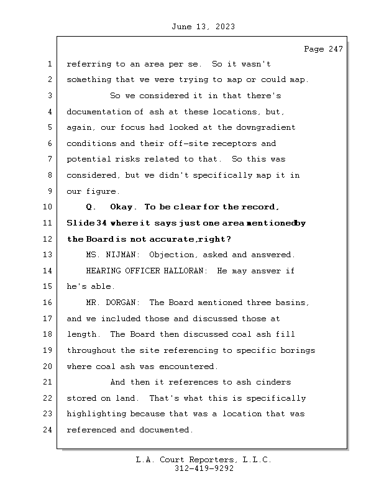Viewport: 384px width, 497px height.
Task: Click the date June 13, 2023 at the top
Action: click(202, 27)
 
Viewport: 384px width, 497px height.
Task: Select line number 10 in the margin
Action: click(48, 207)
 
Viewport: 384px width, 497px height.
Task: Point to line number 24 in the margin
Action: click(48, 430)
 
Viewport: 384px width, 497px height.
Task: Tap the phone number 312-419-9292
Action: click(204, 469)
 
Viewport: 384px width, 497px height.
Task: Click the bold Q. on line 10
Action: click(91, 207)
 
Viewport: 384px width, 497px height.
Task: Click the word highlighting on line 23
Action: click(96, 414)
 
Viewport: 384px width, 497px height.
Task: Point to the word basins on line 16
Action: click(293, 303)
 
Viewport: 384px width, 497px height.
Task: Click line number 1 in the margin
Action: click(48, 64)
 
